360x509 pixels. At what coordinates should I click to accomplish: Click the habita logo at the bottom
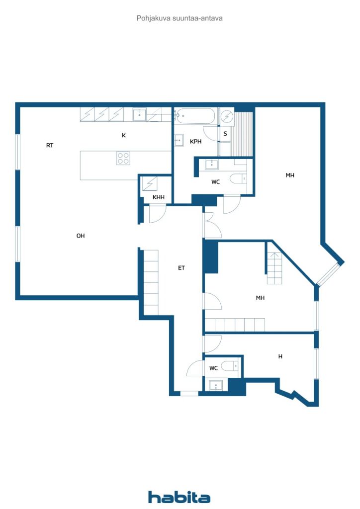179,497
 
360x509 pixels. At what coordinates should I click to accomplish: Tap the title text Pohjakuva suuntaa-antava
180,18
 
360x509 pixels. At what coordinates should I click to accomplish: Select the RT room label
50,146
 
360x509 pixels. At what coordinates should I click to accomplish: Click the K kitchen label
124,135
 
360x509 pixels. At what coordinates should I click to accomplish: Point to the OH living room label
81,236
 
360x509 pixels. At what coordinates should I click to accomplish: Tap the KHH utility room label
159,197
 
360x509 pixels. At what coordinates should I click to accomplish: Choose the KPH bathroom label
196,142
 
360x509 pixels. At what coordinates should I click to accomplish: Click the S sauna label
225,134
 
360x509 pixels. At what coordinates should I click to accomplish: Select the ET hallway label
181,268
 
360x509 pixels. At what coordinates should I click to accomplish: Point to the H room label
280,356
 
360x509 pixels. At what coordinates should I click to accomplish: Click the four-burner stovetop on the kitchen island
123,158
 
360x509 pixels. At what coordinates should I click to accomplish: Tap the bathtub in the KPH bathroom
194,115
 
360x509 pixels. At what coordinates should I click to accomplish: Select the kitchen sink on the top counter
139,114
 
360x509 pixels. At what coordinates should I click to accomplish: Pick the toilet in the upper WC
238,178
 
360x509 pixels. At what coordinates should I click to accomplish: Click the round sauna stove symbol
227,116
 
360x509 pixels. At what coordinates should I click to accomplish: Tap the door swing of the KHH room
158,214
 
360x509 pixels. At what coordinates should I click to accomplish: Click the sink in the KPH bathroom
179,140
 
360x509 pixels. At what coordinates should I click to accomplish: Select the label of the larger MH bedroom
290,175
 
